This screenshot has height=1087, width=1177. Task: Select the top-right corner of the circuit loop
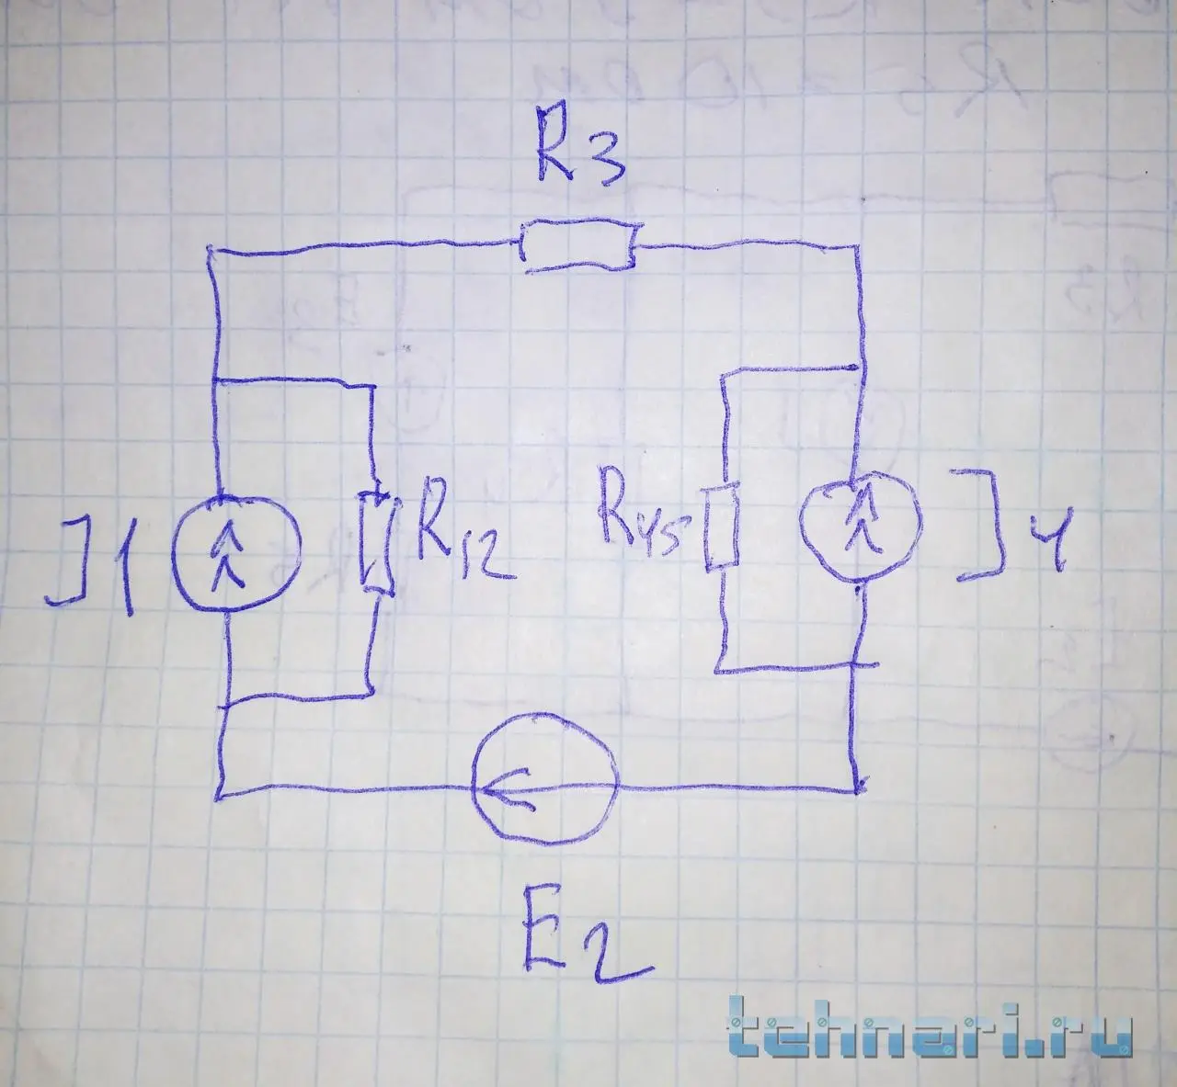tap(858, 248)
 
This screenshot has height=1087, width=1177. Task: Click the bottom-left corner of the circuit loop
tap(222, 794)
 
